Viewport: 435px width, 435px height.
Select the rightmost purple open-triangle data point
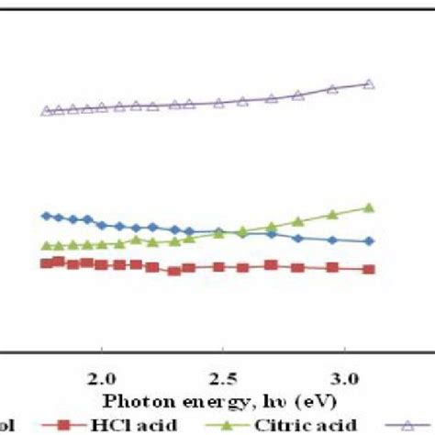pyautogui.click(x=369, y=84)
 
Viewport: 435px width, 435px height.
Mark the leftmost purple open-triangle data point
pyautogui.click(x=47, y=111)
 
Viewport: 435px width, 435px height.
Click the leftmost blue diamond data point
pyautogui.click(x=47, y=216)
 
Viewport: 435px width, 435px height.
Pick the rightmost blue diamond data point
pyautogui.click(x=369, y=240)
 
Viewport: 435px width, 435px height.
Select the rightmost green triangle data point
pyautogui.click(x=369, y=208)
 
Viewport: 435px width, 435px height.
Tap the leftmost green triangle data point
pyautogui.click(x=47, y=246)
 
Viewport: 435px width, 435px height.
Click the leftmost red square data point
pyautogui.click(x=47, y=263)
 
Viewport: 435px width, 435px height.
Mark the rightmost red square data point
pyautogui.click(x=369, y=269)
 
